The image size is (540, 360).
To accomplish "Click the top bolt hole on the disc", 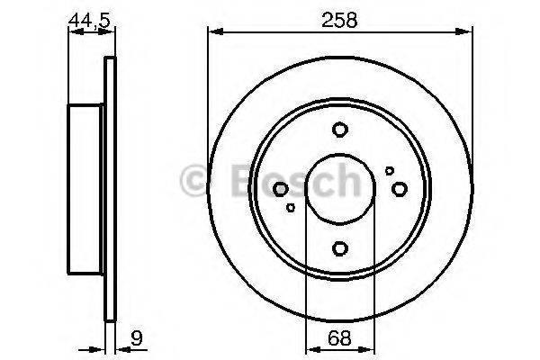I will pyautogui.click(x=339, y=130).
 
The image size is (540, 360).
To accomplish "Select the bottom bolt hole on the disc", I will pyautogui.click(x=339, y=248).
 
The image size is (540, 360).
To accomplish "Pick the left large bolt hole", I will pyautogui.click(x=280, y=189).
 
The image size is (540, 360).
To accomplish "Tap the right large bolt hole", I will pyautogui.click(x=400, y=188).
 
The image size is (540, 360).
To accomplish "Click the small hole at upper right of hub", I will pyautogui.click(x=389, y=170).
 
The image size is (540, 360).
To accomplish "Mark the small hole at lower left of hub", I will pyautogui.click(x=290, y=208).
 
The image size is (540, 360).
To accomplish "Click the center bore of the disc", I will pyautogui.click(x=339, y=189).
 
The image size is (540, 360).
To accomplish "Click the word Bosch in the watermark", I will pyautogui.click(x=288, y=181).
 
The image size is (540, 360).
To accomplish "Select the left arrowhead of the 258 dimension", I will pyautogui.click(x=213, y=33).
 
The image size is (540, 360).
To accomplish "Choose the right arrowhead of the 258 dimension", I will pyautogui.click(x=467, y=33).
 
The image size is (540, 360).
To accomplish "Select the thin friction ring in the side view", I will pyautogui.click(x=111, y=189).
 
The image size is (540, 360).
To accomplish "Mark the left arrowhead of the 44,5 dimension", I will pyautogui.click(x=72, y=33).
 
